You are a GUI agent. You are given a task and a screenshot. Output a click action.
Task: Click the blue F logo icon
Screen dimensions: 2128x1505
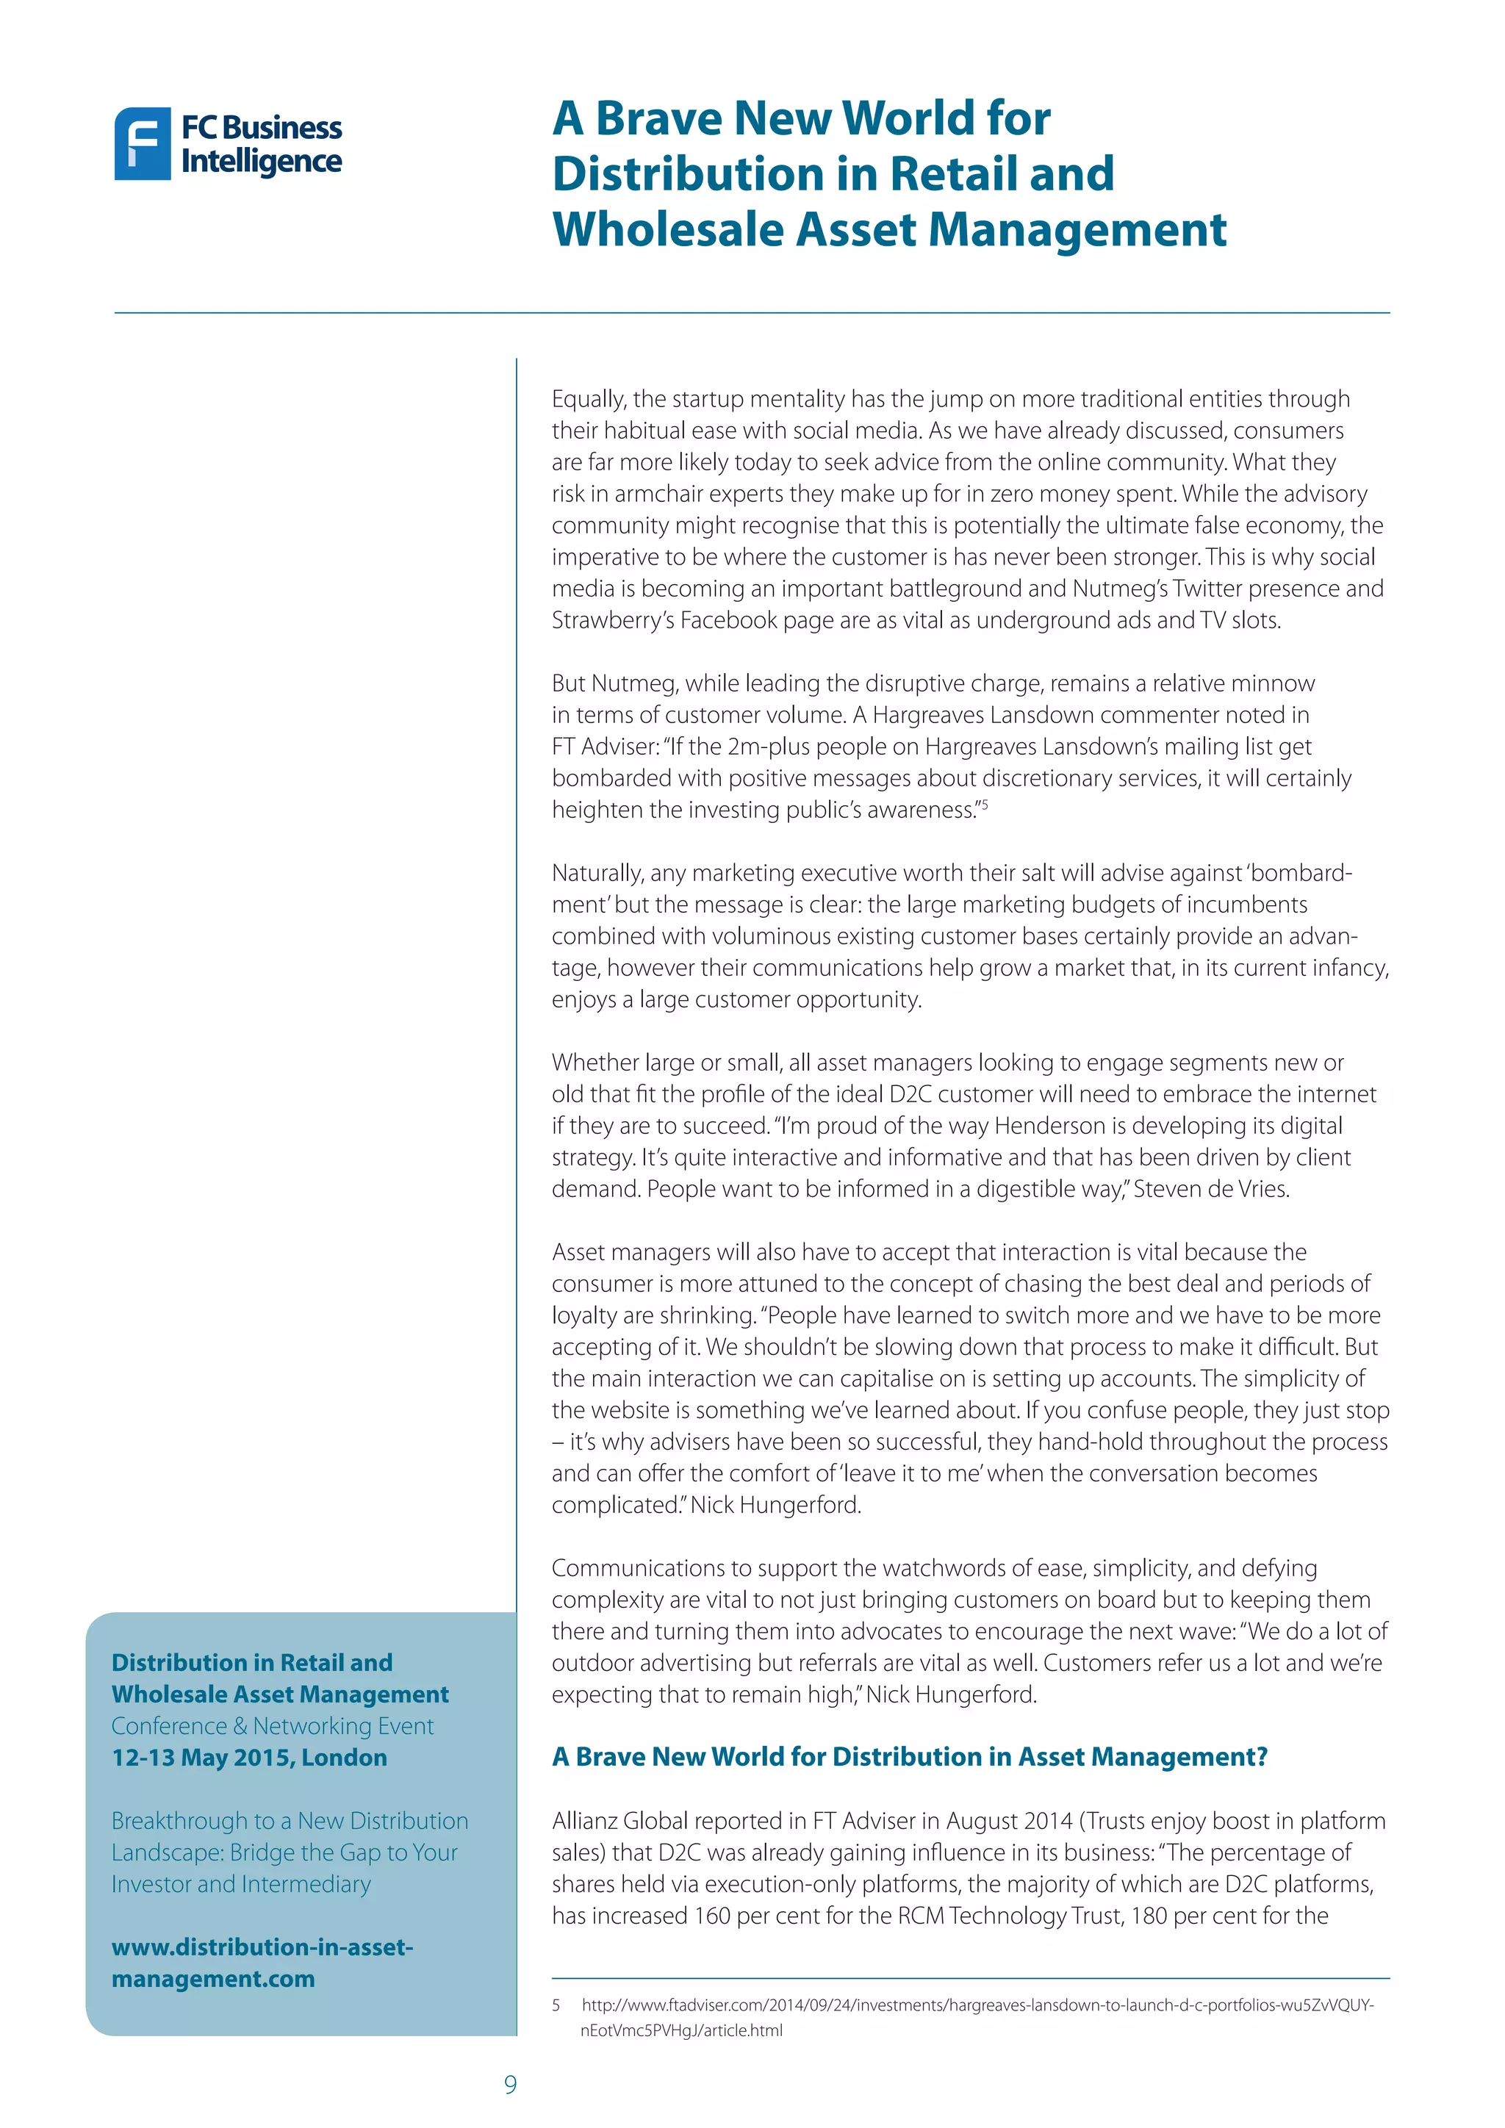(142, 144)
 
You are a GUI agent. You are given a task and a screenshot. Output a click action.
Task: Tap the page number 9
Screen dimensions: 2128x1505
(510, 2085)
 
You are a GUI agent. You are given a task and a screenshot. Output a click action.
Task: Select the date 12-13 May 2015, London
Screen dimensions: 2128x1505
(249, 1757)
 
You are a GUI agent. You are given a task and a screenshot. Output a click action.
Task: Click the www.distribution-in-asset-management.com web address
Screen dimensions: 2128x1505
(262, 1962)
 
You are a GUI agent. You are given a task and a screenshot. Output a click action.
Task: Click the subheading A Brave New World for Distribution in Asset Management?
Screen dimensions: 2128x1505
(909, 1756)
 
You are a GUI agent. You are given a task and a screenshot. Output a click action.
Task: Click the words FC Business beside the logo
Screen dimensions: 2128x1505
(262, 127)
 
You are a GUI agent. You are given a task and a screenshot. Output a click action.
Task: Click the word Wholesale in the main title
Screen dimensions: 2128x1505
(667, 230)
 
